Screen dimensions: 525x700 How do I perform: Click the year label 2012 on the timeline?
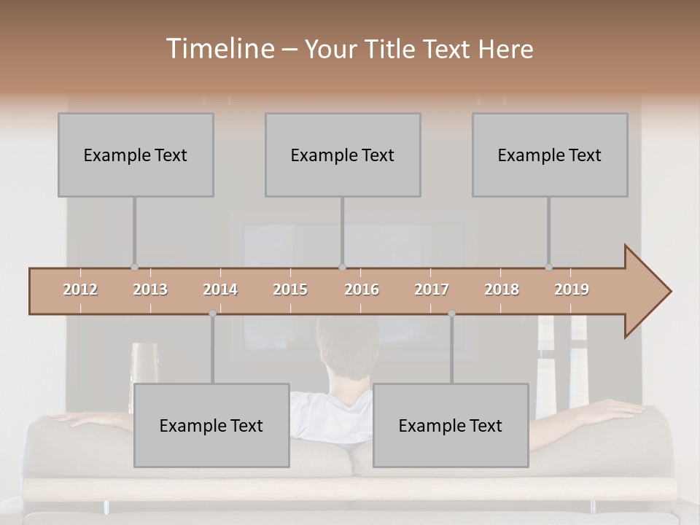pyautogui.click(x=80, y=289)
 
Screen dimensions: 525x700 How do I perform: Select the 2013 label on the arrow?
pyautogui.click(x=150, y=289)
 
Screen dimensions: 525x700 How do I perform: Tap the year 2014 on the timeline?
pyautogui.click(x=220, y=289)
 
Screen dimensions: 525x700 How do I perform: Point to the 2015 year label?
pyautogui.click(x=290, y=289)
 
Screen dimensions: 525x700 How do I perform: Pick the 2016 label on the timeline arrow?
pyautogui.click(x=362, y=289)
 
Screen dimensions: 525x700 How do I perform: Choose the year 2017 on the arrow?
pyautogui.click(x=432, y=289)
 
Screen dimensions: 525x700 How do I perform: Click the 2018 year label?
pyautogui.click(x=502, y=289)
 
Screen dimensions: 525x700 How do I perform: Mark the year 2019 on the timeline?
pyautogui.click(x=572, y=289)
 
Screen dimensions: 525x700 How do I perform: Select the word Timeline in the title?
pyautogui.click(x=219, y=49)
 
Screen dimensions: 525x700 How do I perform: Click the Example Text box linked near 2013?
pyautogui.click(x=136, y=155)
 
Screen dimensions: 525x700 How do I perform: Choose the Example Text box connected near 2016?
pyautogui.click(x=343, y=155)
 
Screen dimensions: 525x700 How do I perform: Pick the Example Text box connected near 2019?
pyautogui.click(x=550, y=155)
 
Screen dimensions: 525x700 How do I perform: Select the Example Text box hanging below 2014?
pyautogui.click(x=211, y=425)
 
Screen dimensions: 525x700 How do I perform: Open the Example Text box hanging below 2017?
pyautogui.click(x=451, y=425)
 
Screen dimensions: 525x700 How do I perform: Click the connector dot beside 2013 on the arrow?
pyautogui.click(x=134, y=267)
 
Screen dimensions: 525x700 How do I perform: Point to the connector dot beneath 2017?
pyautogui.click(x=451, y=314)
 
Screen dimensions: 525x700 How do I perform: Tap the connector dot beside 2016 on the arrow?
pyautogui.click(x=342, y=267)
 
